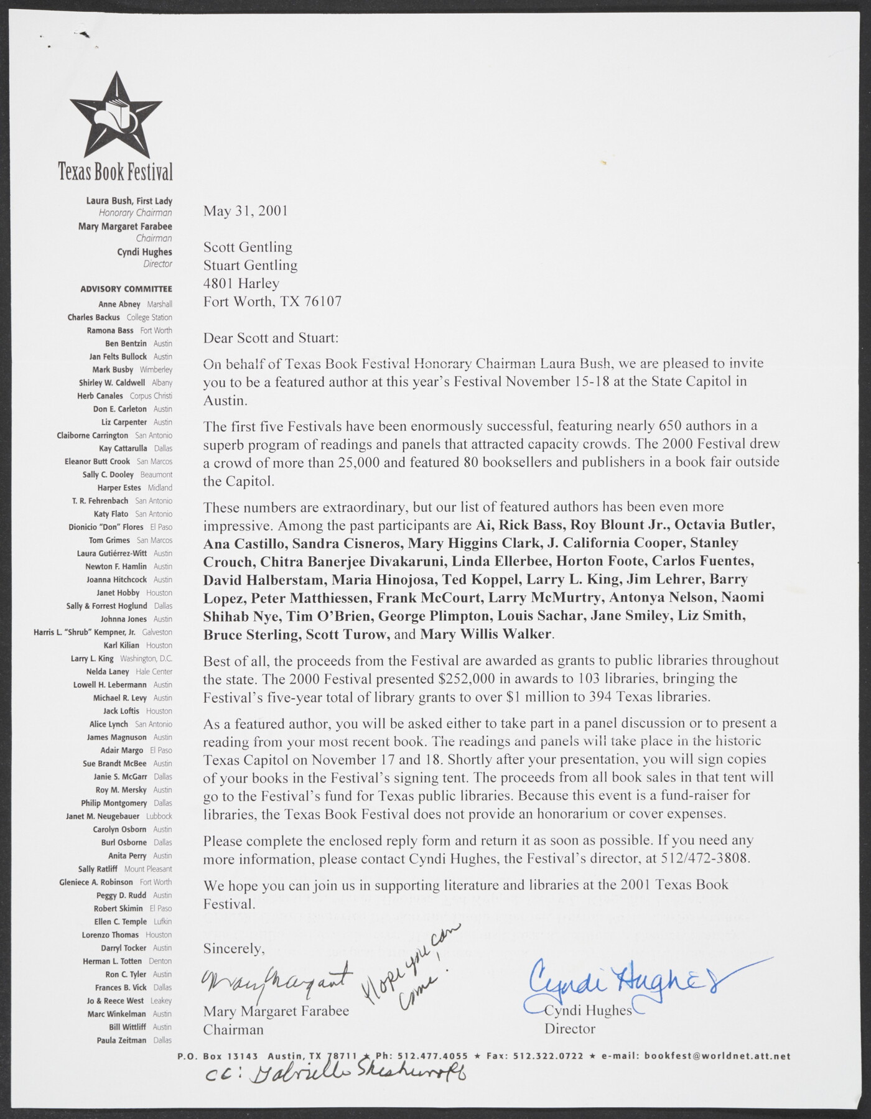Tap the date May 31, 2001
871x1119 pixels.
click(x=245, y=210)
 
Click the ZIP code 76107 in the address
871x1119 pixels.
click(x=323, y=302)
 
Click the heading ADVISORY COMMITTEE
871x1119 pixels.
click(x=126, y=289)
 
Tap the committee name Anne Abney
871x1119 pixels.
click(x=119, y=305)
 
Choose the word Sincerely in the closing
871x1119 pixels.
click(x=234, y=949)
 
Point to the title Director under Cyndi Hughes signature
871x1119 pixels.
click(x=569, y=1029)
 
